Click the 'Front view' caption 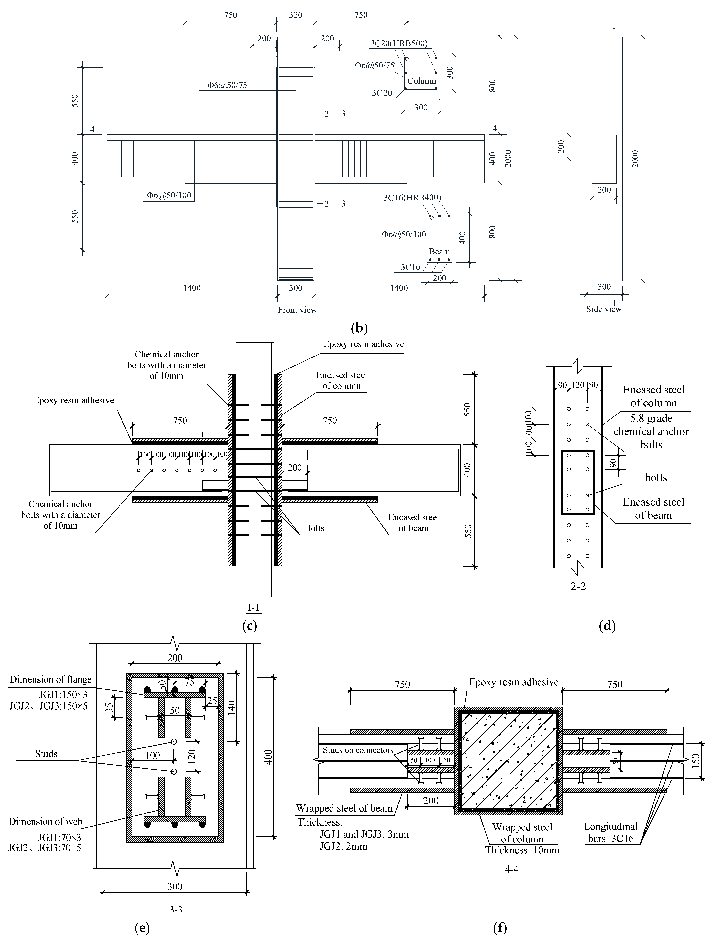[x=297, y=310]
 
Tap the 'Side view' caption [x=604, y=309]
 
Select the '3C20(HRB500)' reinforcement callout [x=399, y=43]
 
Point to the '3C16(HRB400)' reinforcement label [x=412, y=198]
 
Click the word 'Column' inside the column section [x=421, y=81]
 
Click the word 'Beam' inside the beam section [x=439, y=252]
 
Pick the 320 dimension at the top [x=295, y=15]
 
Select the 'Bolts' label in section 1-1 [x=314, y=528]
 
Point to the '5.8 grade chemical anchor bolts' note [x=651, y=431]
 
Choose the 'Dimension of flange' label [x=51, y=680]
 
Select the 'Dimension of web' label [x=45, y=822]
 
